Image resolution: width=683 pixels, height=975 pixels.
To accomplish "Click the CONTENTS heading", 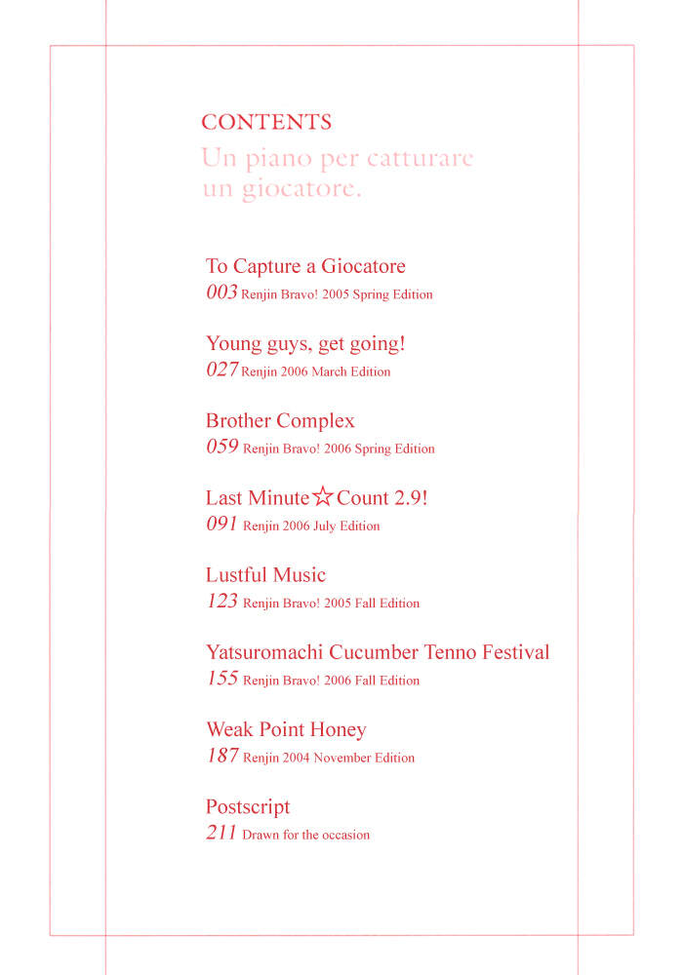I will point(266,123).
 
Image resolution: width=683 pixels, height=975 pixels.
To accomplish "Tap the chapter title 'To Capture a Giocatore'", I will point(305,266).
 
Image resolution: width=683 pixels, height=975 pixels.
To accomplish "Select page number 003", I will point(221,292).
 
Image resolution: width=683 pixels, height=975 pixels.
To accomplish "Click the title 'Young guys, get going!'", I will point(305,343).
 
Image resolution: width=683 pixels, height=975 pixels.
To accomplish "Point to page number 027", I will point(221,370).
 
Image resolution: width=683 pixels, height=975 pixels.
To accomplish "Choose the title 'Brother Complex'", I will point(280,421).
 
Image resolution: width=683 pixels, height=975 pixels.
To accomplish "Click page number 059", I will point(221,448).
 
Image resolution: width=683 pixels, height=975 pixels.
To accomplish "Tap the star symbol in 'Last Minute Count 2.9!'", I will point(323,498).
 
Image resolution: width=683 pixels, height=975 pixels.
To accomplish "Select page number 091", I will point(221,525).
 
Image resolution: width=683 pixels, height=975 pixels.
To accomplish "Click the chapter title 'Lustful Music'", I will point(265,575).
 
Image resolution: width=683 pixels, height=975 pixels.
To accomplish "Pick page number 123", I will point(221,602).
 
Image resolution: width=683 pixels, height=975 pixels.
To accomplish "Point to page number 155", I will point(221,679).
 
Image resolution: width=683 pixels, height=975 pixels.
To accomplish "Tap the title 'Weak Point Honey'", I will point(286,729).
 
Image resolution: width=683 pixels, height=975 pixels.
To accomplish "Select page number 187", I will point(221,756).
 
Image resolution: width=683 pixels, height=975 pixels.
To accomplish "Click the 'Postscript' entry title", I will point(248,807).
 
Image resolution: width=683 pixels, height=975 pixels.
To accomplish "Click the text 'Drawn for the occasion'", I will point(306,836).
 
